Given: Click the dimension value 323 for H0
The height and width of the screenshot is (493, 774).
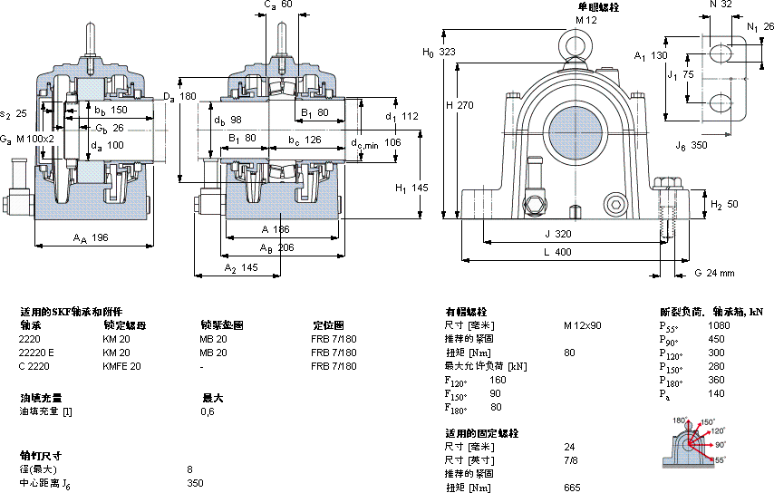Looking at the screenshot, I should (446, 53).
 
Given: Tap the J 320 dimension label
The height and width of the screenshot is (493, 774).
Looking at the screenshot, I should (557, 234).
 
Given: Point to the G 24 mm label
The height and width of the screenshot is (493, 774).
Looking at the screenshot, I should (713, 273).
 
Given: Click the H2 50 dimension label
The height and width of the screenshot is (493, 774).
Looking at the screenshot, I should (725, 204).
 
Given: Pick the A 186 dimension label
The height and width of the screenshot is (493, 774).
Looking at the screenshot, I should (275, 230).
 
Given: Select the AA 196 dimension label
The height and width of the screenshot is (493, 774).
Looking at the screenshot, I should (90, 238).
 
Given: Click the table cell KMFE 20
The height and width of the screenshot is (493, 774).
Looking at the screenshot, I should (121, 366).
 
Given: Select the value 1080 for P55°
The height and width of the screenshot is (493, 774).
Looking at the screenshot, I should (719, 324).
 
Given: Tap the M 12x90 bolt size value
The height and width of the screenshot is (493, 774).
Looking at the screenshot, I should (582, 324).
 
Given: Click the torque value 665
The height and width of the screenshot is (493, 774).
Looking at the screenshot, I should (572, 488).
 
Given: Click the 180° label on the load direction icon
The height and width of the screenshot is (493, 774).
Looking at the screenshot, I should (680, 420).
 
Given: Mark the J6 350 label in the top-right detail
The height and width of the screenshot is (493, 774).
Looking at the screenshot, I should (691, 144).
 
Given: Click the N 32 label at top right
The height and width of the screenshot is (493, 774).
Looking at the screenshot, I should (721, 5).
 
